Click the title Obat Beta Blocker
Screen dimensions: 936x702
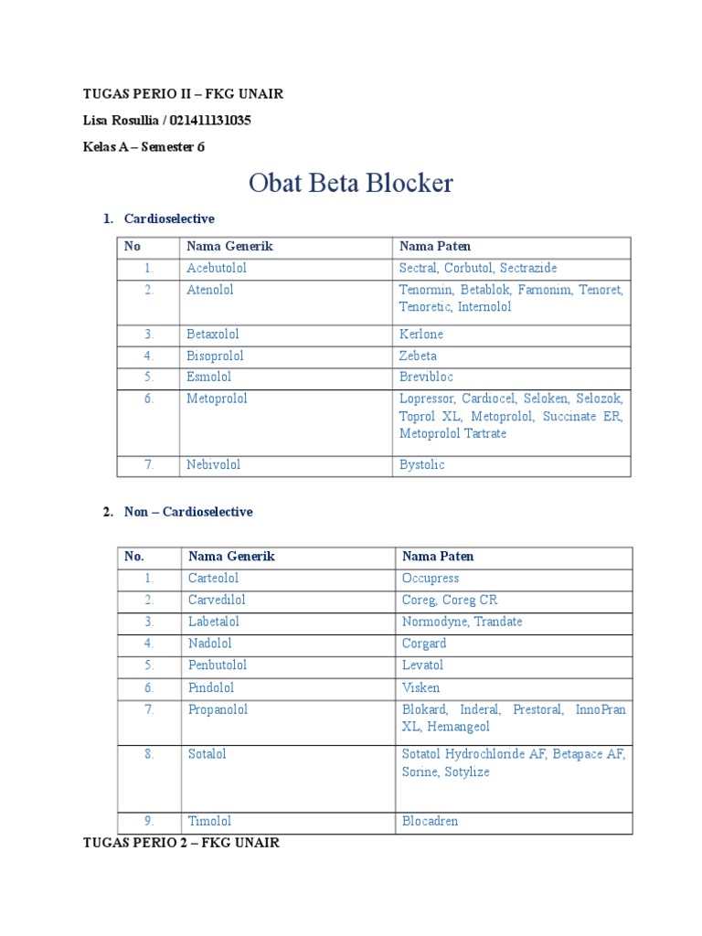351,184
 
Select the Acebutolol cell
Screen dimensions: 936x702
217,269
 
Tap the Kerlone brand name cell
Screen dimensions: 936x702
421,335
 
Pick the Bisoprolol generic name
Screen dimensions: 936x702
215,356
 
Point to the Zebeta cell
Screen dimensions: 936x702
418,356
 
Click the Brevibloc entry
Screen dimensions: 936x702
426,378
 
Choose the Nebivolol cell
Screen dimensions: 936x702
213,465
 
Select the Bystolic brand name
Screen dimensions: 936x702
421,465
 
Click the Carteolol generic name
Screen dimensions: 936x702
213,579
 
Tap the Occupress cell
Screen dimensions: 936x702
431,579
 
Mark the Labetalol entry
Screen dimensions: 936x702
214,622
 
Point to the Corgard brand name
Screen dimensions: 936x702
424,643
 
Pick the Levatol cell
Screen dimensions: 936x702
422,665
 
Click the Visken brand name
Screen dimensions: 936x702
420,687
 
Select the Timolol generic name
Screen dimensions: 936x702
209,822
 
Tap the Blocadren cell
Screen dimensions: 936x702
430,822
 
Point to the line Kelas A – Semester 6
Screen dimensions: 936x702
144,147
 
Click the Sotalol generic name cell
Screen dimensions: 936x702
207,755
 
